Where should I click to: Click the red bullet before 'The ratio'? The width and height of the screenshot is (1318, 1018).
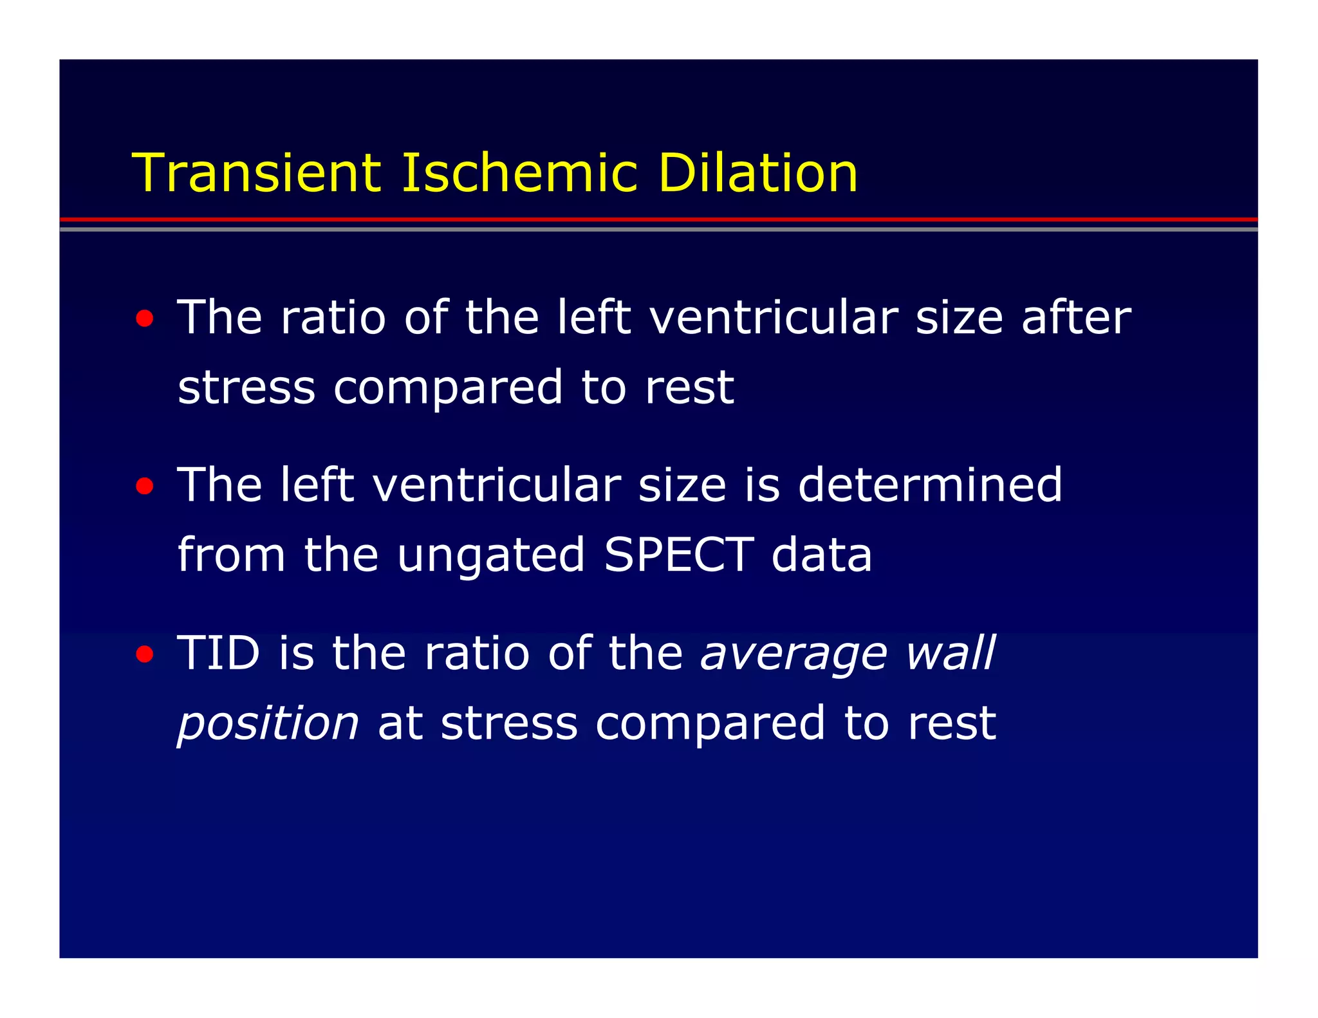click(x=145, y=319)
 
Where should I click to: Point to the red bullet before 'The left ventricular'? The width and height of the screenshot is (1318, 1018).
click(x=145, y=486)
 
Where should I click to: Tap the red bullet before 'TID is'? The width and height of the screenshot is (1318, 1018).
click(x=145, y=654)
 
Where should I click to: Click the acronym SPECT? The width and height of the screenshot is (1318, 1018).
click(x=678, y=555)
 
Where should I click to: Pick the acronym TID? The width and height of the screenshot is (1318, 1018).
click(x=218, y=653)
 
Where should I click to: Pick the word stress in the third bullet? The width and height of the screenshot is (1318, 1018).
click(x=509, y=723)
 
